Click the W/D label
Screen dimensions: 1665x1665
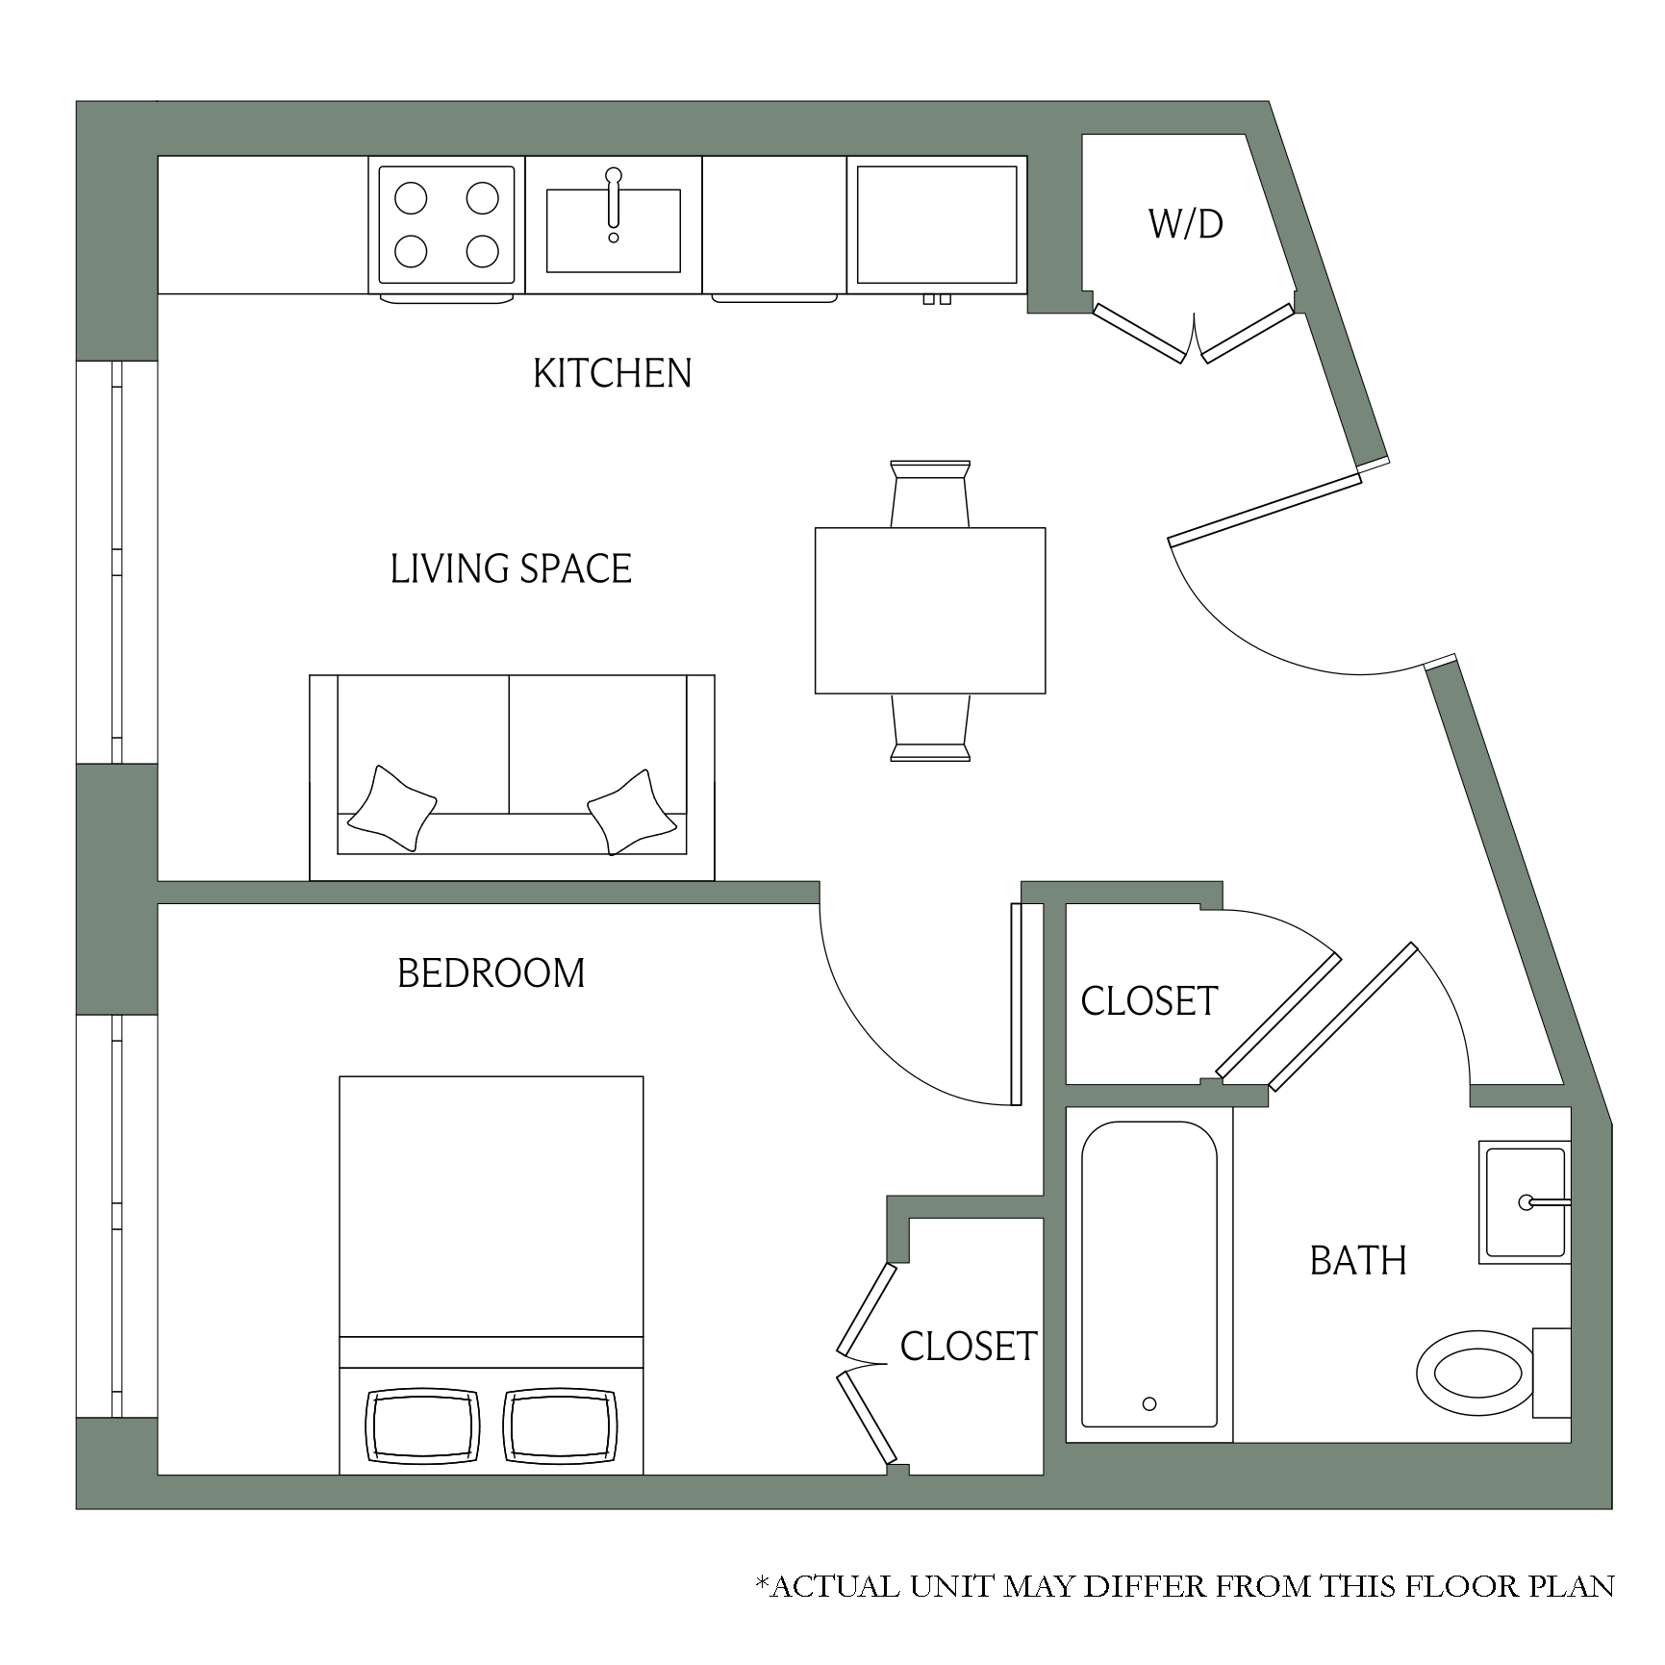(1185, 224)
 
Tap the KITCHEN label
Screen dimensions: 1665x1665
(613, 373)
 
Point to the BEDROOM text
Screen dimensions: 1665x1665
(491, 973)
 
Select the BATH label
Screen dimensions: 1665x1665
(1358, 1260)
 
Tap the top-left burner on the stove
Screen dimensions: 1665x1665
(411, 199)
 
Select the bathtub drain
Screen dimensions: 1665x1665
(1149, 1403)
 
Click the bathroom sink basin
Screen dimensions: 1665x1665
(1525, 1202)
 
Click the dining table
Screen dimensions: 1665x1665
(930, 610)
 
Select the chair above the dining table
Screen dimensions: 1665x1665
(930, 493)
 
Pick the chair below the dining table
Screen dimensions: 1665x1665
(930, 727)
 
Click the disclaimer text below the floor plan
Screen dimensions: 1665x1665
(1185, 1586)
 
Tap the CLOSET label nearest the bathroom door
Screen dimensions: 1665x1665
(1149, 1001)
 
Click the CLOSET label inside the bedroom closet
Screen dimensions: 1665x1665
(969, 1347)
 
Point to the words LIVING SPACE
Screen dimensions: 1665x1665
(511, 568)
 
